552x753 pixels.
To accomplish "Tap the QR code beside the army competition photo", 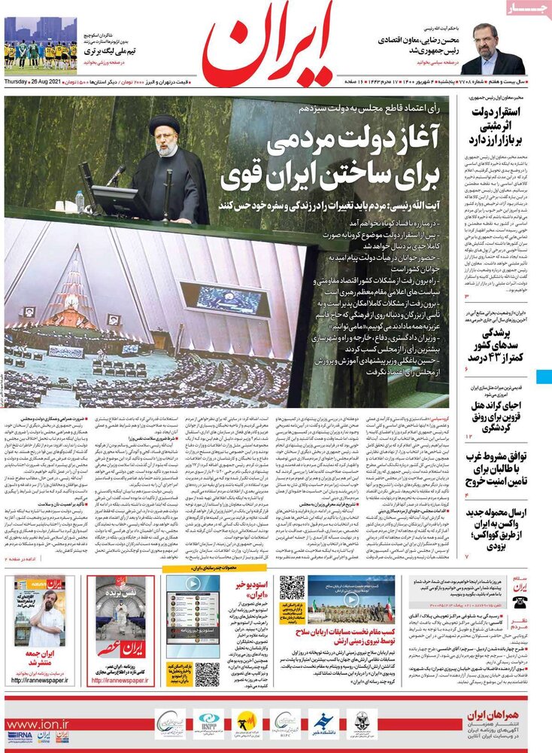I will point(292,588).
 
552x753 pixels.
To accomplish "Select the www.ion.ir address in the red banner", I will point(38,724).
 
